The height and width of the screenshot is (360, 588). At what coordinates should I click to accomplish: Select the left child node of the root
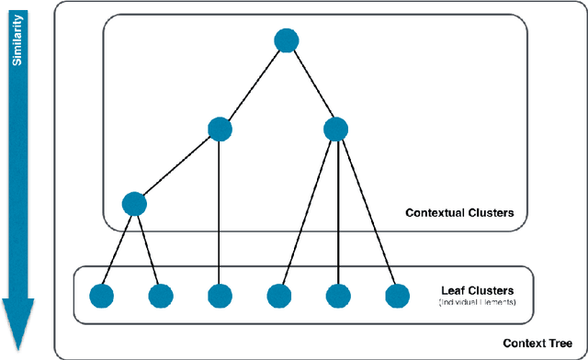coord(220,129)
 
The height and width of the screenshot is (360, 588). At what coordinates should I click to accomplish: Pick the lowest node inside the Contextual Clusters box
coord(135,204)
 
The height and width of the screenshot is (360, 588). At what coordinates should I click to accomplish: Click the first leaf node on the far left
coord(101,296)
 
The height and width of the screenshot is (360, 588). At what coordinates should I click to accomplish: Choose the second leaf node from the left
coord(160,296)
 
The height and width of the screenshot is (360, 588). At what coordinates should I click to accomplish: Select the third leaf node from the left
coord(220,296)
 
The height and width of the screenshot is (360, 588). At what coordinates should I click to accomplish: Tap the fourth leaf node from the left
coord(279,296)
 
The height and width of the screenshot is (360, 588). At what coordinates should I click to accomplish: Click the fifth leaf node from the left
coord(339,296)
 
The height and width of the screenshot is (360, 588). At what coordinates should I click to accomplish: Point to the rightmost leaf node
coord(397,296)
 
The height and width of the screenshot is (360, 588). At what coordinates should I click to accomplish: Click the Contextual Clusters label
coord(458,213)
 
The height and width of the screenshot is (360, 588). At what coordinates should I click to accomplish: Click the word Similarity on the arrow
coord(17,46)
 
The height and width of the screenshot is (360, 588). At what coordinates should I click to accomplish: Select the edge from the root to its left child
coord(253,84)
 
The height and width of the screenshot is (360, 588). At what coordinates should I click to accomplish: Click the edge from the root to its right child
coord(312,84)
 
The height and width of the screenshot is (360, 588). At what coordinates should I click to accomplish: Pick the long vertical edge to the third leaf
coord(220,211)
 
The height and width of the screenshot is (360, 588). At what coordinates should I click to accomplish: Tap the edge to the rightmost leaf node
coord(367,211)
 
